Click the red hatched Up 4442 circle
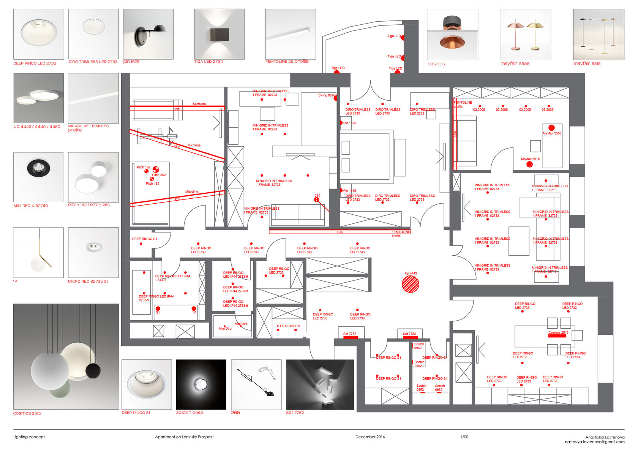coord(411,284)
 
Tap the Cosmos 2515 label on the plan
coord(558,332)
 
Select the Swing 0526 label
coord(326,95)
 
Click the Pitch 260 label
coord(159,175)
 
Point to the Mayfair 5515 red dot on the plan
coord(529,164)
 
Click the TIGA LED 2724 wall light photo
coord(219,34)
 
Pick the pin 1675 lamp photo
coord(148,34)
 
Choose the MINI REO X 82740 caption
coord(31,206)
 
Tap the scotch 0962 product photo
coord(201,384)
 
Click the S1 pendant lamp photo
coord(38,252)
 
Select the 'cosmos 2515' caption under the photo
coord(27,413)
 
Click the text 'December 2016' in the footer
coord(370,437)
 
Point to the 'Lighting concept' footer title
coord(29,437)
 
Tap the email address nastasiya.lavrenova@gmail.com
coord(594,442)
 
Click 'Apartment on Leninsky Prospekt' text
coord(184,437)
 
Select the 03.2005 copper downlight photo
coord(452,34)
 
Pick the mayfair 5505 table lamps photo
coord(525,34)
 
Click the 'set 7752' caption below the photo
coord(295,412)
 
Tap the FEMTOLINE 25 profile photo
coord(290,34)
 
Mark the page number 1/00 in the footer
coord(464,437)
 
